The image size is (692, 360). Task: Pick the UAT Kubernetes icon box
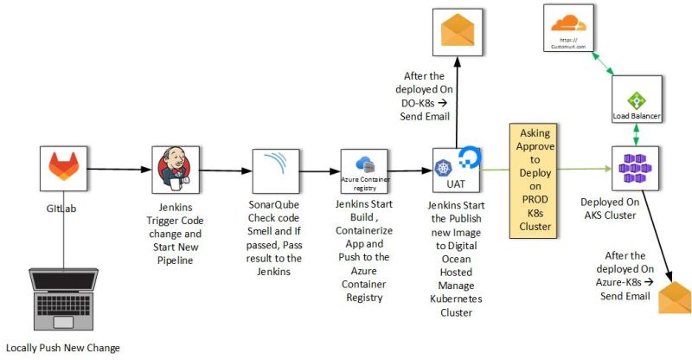[x=456, y=170]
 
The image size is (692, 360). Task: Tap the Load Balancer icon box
[x=637, y=100]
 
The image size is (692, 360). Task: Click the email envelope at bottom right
[x=675, y=298]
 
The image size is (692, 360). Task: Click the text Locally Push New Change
[x=61, y=348]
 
